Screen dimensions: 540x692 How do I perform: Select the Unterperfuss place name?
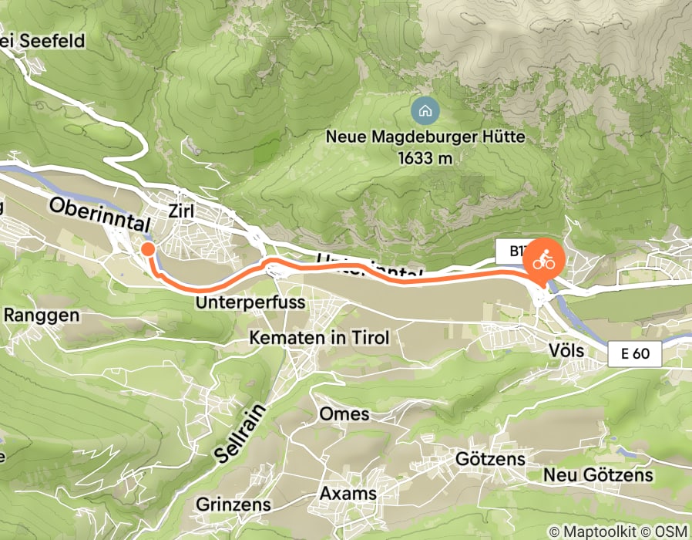coord(250,301)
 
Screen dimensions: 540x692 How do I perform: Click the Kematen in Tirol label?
coord(318,338)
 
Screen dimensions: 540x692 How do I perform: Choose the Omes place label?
coord(344,413)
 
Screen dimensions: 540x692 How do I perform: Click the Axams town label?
coord(348,494)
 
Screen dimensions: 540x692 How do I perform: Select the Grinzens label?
coord(233,505)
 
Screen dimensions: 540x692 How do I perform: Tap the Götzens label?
coord(490,460)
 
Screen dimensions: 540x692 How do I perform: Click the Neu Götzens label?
coord(598,475)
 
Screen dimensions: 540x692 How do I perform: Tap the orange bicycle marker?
coord(544,261)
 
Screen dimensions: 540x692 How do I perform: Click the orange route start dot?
coord(146,248)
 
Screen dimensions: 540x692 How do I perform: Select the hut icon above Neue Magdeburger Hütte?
coord(425,110)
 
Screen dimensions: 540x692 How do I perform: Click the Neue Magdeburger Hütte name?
coord(425,138)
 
